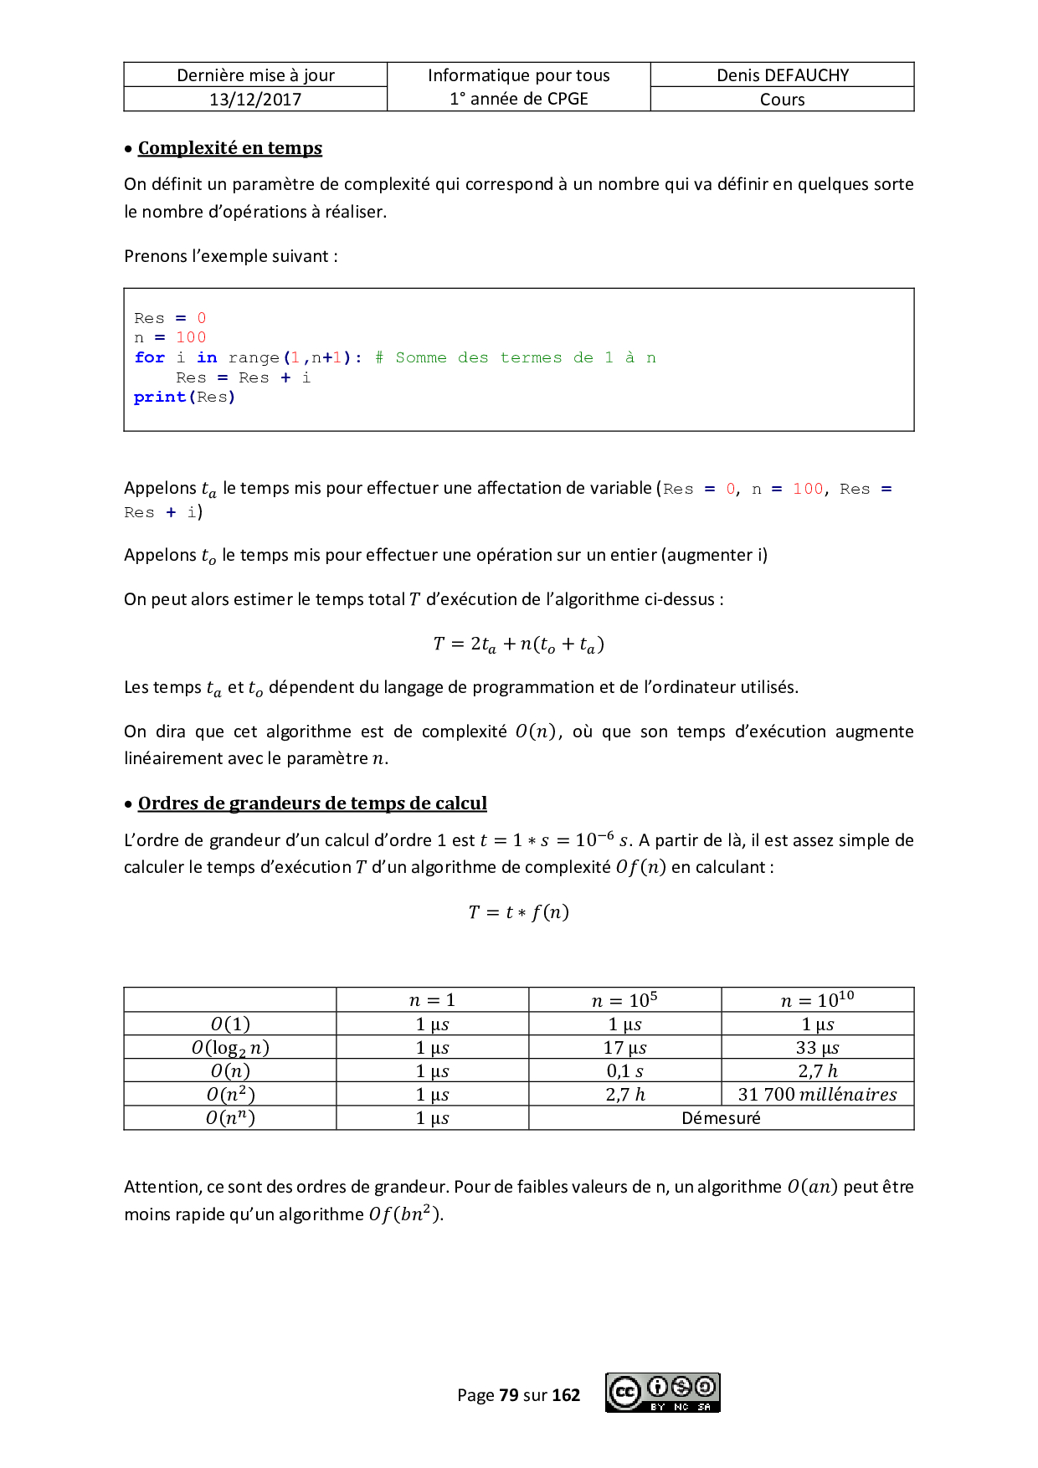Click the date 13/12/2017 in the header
click(255, 100)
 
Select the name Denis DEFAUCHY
click(783, 75)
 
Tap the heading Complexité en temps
click(229, 148)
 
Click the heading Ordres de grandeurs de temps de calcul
click(312, 803)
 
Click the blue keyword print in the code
click(159, 397)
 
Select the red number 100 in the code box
click(191, 337)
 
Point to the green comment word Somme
click(420, 357)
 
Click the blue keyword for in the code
click(150, 357)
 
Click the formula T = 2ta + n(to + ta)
click(518, 644)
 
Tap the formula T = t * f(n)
click(518, 911)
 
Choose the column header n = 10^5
click(624, 1000)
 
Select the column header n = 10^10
click(817, 1000)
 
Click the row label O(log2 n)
click(230, 1047)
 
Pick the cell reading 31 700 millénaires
click(817, 1094)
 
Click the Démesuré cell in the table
click(721, 1118)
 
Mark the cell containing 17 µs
click(624, 1047)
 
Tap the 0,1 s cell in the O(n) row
click(624, 1070)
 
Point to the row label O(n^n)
click(230, 1118)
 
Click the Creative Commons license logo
click(662, 1393)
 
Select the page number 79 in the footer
click(509, 1395)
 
